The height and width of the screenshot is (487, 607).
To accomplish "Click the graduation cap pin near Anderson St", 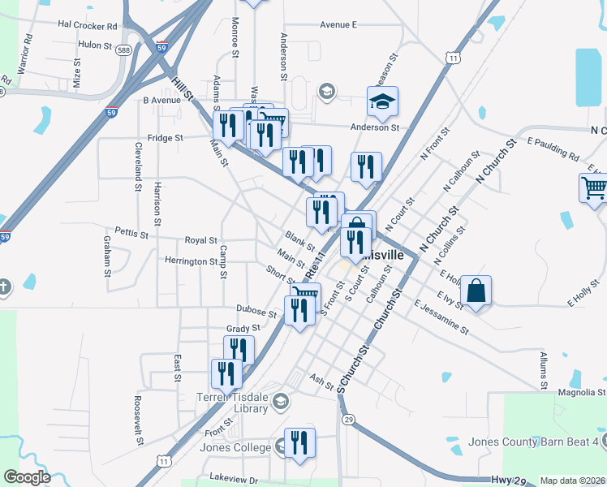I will click(x=381, y=102).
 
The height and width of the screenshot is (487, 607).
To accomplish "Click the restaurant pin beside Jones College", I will click(x=299, y=443).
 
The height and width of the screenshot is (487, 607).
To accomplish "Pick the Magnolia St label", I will click(x=577, y=393).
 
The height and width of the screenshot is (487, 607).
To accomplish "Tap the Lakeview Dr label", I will click(x=233, y=479).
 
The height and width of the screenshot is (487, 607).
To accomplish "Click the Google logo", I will click(x=27, y=477).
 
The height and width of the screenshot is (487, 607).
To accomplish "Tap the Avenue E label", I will click(x=338, y=25).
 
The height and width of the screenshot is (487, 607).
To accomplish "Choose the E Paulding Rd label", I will click(x=553, y=149).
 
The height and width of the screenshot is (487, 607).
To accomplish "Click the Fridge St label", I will click(x=165, y=138).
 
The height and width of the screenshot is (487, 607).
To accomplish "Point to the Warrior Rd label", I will click(x=24, y=50).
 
